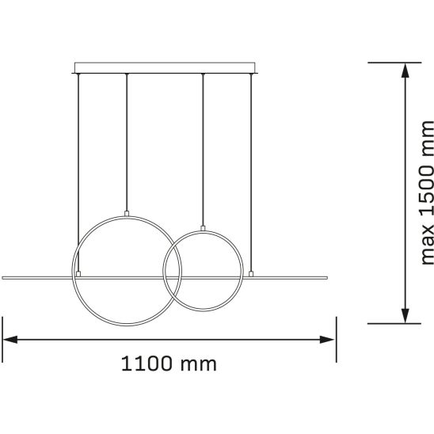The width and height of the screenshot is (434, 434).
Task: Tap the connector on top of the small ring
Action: (204, 228)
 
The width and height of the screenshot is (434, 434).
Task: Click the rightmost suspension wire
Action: (251, 158)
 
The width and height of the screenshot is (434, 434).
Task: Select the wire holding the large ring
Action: (127, 143)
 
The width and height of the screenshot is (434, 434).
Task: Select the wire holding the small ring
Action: (204, 150)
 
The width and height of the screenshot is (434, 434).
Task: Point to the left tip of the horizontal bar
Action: (5, 276)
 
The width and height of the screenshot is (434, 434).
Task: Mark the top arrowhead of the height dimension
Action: (405, 70)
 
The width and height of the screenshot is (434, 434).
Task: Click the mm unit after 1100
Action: (197, 364)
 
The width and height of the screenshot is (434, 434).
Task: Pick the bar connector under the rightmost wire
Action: (251, 274)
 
